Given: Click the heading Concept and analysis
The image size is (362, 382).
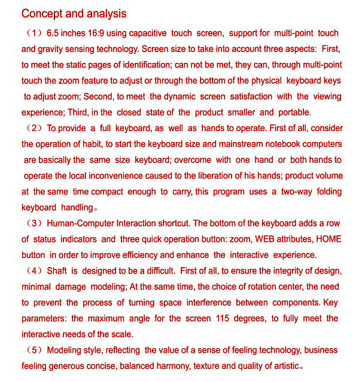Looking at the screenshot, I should click(74, 13).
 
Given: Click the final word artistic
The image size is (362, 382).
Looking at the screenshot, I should click(282, 366).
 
